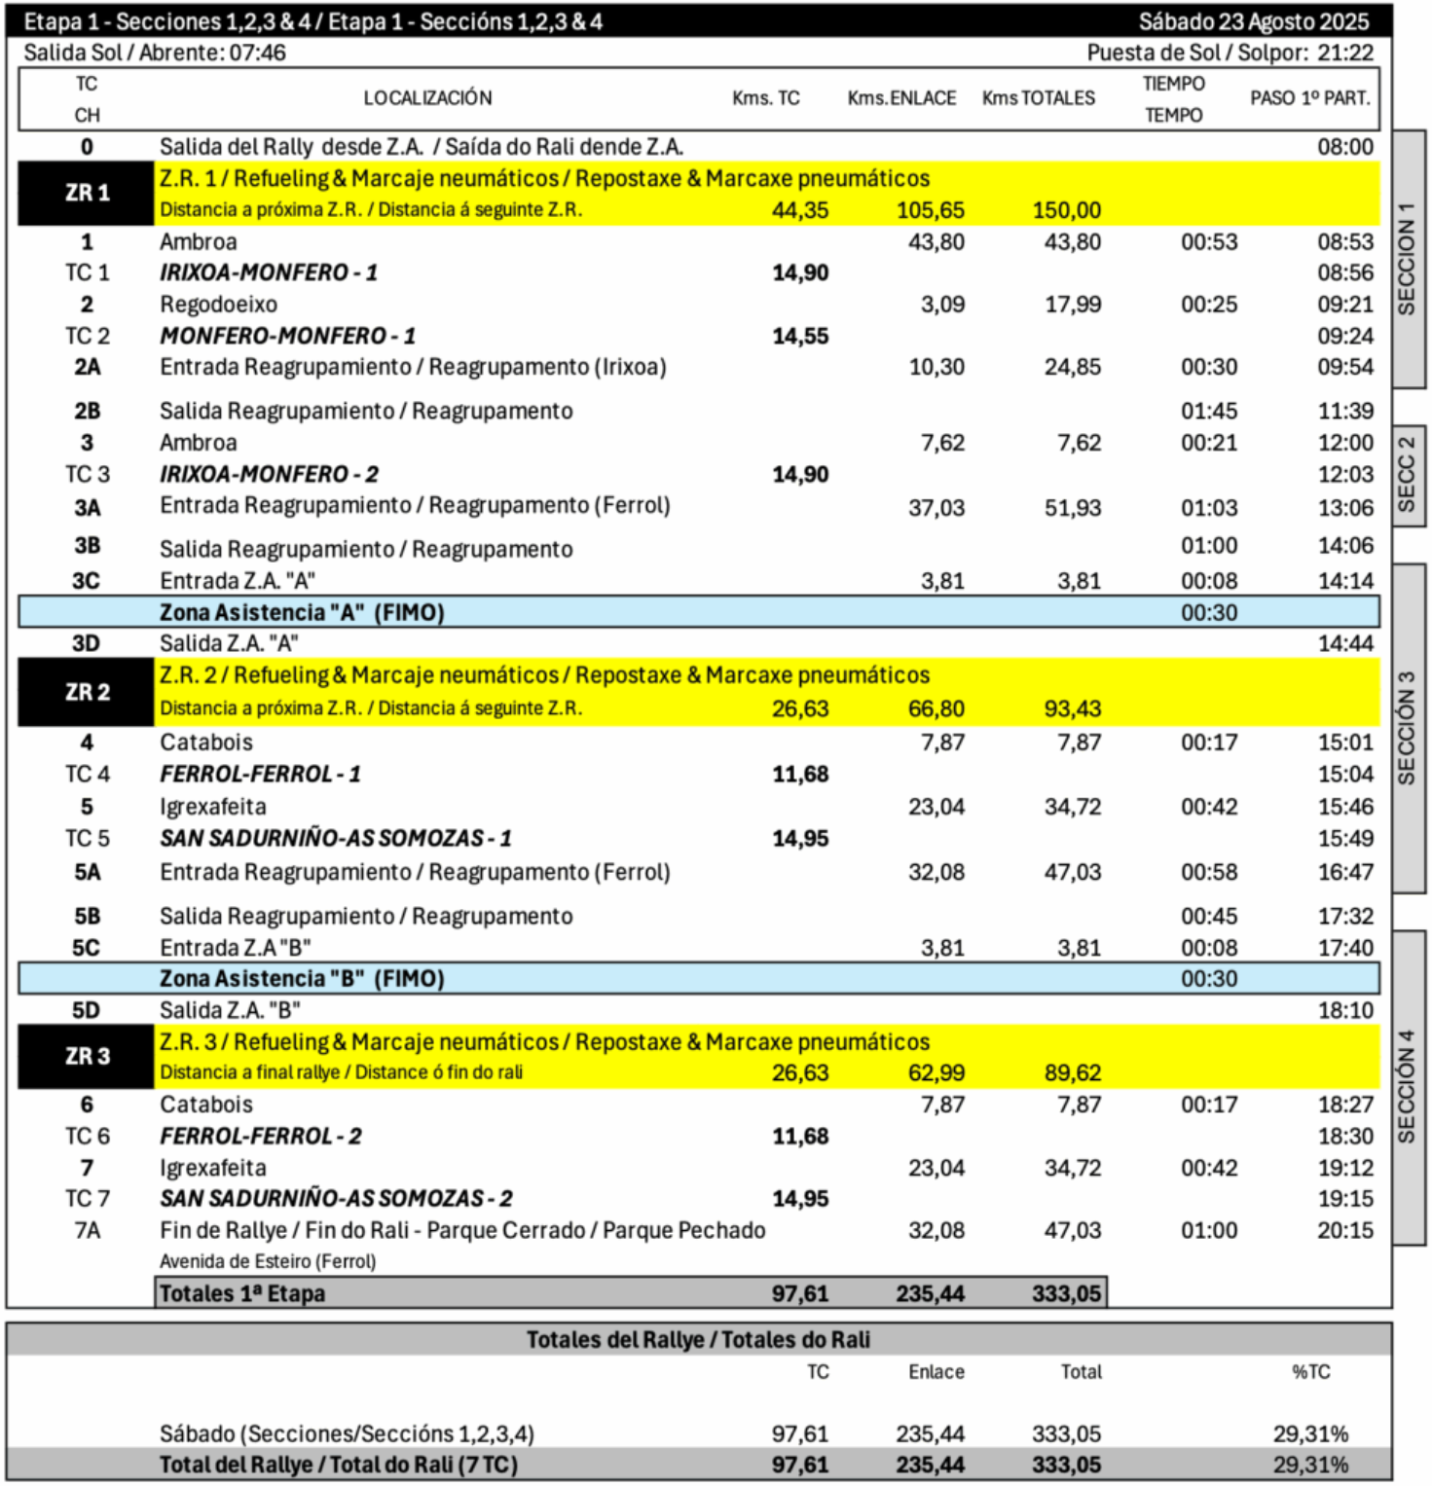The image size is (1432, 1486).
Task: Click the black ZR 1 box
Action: coord(87,193)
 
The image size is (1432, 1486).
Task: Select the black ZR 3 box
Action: coord(87,1056)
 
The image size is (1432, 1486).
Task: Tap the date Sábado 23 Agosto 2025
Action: coord(1253,21)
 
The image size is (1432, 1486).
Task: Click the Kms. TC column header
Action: coord(765,98)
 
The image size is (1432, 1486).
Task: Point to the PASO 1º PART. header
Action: coord(1309,98)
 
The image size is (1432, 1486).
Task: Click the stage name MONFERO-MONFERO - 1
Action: coord(287,336)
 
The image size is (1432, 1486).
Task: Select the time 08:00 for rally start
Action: coord(1345,147)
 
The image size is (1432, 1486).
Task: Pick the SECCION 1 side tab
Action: coord(1407,259)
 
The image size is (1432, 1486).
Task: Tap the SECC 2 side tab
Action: coord(1407,475)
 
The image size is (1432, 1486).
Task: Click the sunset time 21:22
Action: coord(1345,53)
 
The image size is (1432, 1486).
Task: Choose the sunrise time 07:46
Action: coord(257,53)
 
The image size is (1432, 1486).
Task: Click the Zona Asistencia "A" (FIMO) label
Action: coord(302,612)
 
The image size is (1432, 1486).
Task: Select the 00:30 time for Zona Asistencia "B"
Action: coord(1209,978)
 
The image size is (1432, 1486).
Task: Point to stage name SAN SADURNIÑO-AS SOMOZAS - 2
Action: coord(336,1198)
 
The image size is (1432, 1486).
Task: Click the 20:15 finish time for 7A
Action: coord(1345,1230)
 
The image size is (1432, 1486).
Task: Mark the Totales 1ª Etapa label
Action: coord(242,1293)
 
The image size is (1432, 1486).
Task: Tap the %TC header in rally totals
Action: coord(1310,1371)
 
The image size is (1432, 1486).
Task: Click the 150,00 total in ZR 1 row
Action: coord(1066,210)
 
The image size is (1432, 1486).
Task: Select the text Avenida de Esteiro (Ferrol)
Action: coord(268,1261)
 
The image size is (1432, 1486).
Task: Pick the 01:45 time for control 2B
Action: coord(1209,411)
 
